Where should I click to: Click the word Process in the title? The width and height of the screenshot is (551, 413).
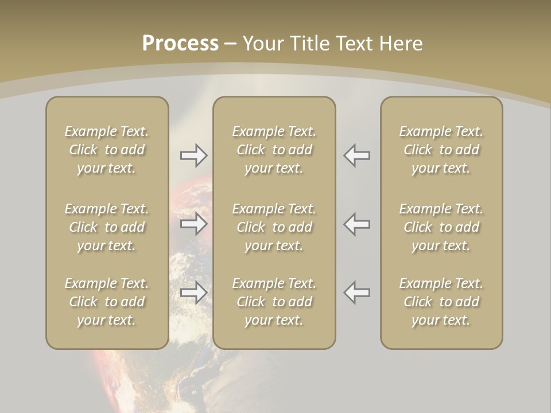[180, 44]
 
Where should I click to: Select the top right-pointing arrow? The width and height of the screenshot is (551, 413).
[194, 155]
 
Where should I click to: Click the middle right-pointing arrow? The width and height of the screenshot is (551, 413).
[194, 224]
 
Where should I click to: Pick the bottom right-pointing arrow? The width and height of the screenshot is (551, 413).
[194, 293]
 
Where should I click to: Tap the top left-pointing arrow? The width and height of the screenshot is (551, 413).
[357, 155]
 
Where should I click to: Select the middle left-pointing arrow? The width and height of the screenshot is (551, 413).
[357, 224]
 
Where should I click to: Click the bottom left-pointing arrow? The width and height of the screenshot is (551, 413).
[357, 293]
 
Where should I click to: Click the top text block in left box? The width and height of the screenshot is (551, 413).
[107, 150]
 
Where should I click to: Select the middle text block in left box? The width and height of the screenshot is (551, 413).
[107, 227]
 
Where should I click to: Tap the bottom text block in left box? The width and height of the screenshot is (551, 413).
[107, 302]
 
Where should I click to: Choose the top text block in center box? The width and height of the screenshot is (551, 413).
[274, 150]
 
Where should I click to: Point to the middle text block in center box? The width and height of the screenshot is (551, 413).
[274, 227]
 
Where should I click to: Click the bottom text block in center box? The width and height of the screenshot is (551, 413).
[274, 302]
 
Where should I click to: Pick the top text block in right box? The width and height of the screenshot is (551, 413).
[441, 150]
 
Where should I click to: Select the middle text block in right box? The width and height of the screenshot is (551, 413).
[441, 227]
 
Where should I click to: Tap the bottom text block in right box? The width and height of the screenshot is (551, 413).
[441, 302]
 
